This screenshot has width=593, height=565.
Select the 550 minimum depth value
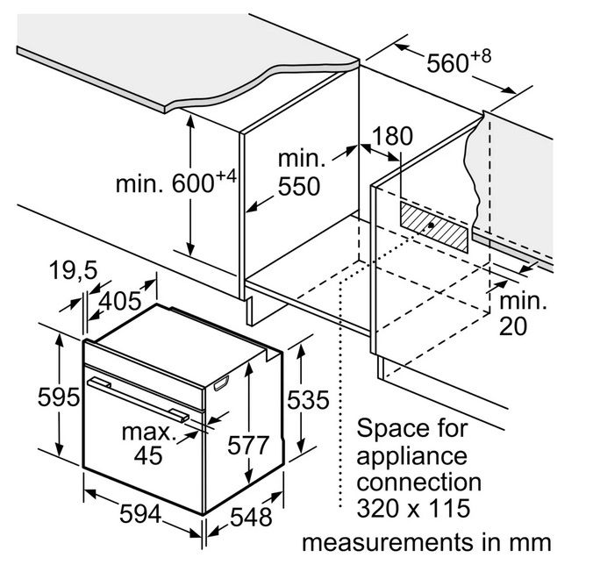point(299,186)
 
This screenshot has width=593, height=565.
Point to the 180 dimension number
point(393,136)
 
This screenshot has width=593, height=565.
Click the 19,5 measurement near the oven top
point(74,270)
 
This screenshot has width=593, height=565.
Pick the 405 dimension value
point(120,302)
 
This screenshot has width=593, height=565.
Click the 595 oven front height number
point(59,397)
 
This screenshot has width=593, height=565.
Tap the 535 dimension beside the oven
point(308,400)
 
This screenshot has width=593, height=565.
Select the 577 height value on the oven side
point(248,445)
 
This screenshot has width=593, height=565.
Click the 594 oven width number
point(140,514)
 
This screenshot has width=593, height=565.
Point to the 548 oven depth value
point(251,517)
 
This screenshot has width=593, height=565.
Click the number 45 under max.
point(148,455)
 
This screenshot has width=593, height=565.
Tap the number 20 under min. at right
point(513,326)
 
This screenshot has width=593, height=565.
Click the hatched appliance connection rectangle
point(434,227)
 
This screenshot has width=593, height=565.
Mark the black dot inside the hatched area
point(431,225)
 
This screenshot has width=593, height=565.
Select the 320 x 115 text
point(413,508)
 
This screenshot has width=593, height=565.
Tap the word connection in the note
point(419,483)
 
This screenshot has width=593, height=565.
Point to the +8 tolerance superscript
point(481,56)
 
